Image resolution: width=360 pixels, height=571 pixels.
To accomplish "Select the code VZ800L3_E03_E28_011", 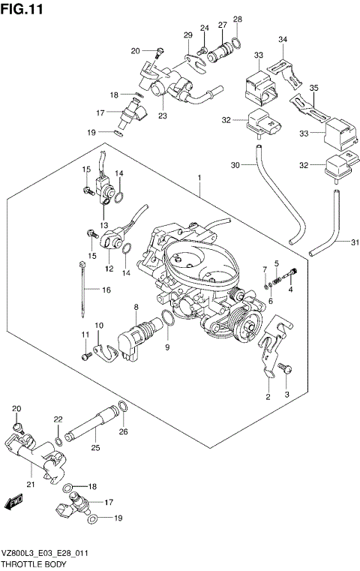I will [x=46, y=551].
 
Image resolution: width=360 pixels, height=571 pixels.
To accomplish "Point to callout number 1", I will [x=199, y=177].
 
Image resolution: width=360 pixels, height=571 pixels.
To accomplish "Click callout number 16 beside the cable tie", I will [x=106, y=289].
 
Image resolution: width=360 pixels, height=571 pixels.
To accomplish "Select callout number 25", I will [x=95, y=448].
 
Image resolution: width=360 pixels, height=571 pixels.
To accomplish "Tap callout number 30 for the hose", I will [x=235, y=165].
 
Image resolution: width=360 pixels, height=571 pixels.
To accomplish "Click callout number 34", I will [x=283, y=39].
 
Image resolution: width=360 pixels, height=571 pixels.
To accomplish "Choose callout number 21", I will [x=30, y=485].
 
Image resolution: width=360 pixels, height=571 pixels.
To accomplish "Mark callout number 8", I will [x=136, y=307].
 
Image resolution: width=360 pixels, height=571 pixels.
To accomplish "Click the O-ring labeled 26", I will [x=124, y=409].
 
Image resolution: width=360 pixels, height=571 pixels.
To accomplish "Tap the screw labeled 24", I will [x=201, y=50].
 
